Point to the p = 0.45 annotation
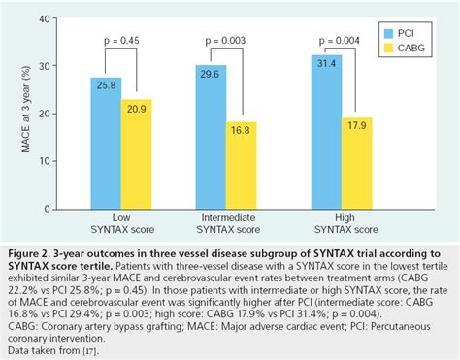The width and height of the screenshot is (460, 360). pos(122,41)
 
